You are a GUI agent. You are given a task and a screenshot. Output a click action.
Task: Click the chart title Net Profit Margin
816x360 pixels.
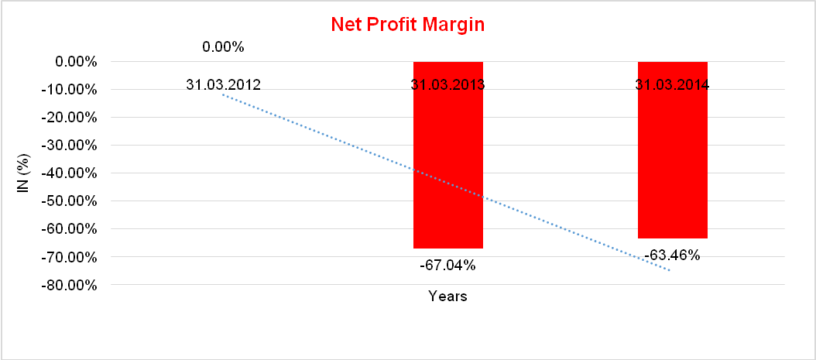[x=407, y=25]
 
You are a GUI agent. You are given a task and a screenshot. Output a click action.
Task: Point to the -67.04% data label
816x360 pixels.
[x=447, y=266]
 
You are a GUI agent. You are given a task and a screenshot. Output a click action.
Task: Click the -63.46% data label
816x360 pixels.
[x=672, y=255]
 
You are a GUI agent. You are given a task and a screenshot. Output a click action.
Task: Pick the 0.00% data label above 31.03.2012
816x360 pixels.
[x=223, y=47]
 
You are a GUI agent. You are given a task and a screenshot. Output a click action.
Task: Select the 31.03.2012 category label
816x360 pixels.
[x=223, y=84]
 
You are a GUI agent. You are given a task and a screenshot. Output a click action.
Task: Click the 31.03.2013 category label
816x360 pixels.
[x=448, y=84]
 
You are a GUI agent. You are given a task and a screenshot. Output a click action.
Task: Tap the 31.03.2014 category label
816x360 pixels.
[x=672, y=84]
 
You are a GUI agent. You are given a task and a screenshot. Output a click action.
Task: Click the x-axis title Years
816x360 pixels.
[x=447, y=296]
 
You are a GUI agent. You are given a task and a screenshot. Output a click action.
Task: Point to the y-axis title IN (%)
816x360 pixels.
[x=22, y=173]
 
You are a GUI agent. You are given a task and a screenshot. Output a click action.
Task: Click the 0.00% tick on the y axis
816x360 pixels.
[x=76, y=61]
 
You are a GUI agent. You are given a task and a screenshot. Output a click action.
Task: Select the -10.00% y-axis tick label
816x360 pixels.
[x=73, y=89]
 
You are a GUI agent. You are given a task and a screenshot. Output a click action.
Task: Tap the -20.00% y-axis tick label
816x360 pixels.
[x=73, y=117]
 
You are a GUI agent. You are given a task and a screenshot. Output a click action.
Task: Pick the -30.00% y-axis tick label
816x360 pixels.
[x=73, y=145]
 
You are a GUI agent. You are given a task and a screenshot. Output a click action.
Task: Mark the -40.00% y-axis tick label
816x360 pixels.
[x=73, y=173]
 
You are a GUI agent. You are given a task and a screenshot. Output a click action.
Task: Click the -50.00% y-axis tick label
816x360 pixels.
[x=73, y=201]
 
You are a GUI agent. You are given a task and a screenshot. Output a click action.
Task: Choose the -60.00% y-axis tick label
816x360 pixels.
[x=73, y=228]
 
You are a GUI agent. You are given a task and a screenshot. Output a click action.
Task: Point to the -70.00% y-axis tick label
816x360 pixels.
[x=73, y=256]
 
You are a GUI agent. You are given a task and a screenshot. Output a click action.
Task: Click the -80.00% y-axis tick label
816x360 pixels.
[x=73, y=284]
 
